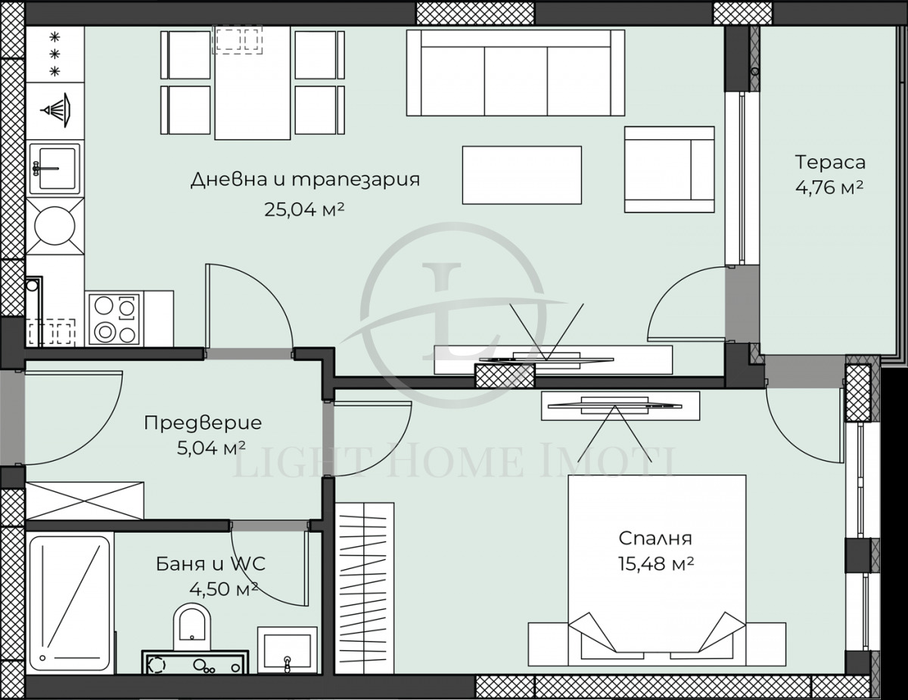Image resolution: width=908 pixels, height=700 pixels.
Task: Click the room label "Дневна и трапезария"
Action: pos(304,180)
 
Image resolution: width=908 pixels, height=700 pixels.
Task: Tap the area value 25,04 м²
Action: pos(304,210)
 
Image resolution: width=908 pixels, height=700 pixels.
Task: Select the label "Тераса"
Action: pos(829,162)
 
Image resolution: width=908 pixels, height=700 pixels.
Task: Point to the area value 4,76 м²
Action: pos(829,188)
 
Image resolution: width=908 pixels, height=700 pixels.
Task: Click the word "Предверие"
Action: pos(203,423)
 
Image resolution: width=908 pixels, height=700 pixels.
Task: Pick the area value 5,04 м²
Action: pos(211,450)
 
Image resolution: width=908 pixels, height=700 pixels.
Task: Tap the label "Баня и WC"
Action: pos(210,564)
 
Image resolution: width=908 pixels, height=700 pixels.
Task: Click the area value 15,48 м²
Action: pos(656,565)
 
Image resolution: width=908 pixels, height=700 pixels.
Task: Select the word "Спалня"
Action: pos(655,539)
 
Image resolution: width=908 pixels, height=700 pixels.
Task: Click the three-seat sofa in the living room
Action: pos(515,73)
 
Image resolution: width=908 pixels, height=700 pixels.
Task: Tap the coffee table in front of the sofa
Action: pos(521,175)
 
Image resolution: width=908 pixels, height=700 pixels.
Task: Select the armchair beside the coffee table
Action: pos(669,170)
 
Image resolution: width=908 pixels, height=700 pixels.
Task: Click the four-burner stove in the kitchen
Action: pos(113,319)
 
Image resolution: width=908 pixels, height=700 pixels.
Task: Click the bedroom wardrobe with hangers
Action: pos(364,586)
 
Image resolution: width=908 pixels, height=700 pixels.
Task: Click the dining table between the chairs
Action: pos(252,83)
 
